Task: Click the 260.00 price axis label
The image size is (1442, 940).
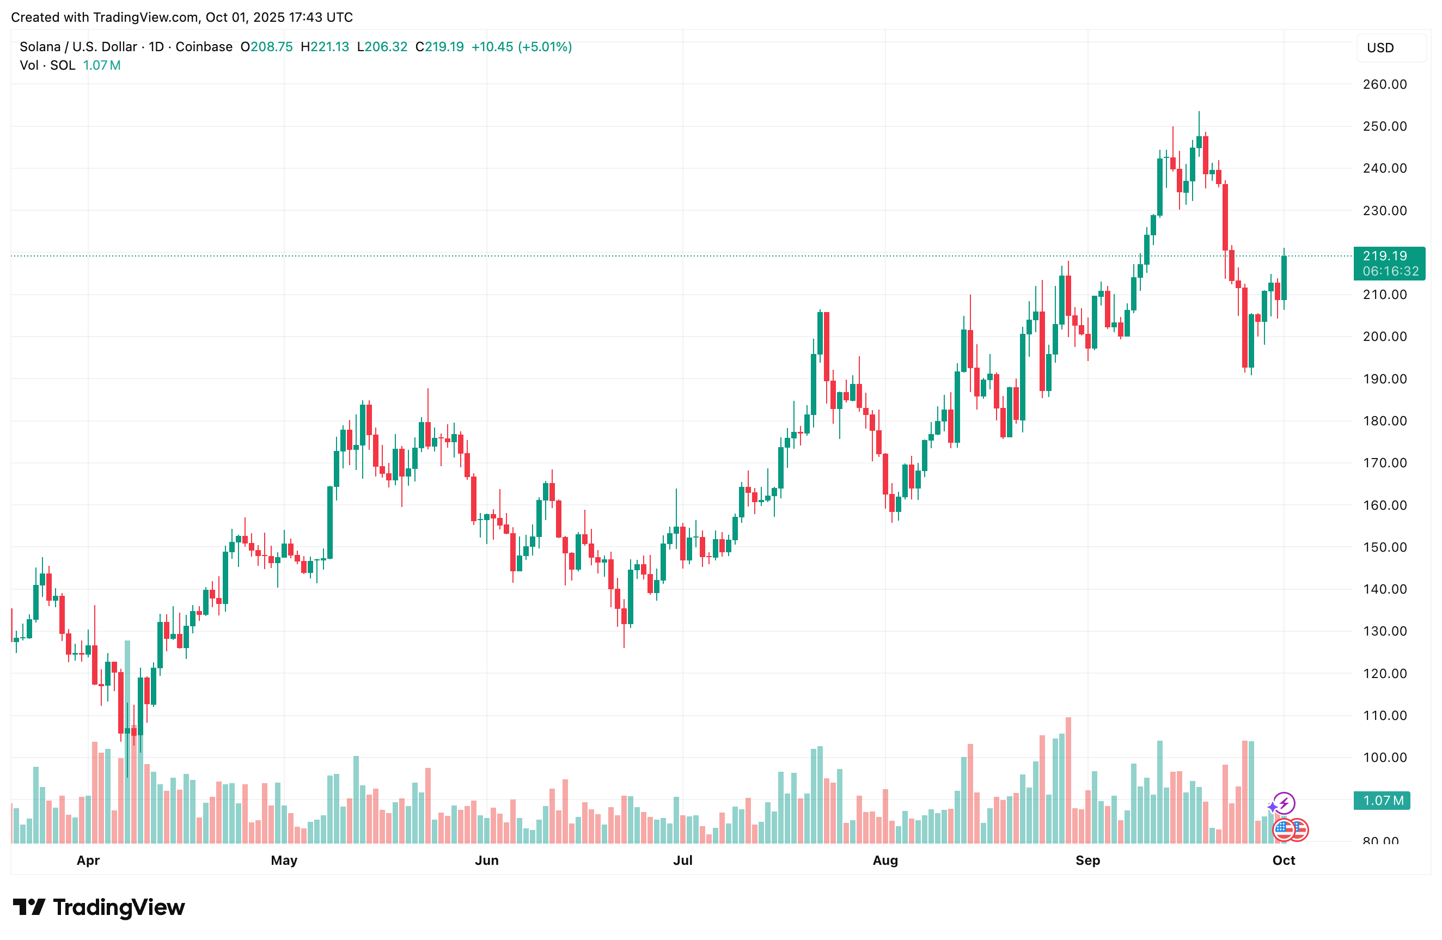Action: click(x=1384, y=84)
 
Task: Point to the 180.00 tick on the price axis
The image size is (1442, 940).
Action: click(x=1384, y=420)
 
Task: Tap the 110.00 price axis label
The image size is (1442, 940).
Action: click(x=1384, y=715)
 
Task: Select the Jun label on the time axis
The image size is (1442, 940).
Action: click(x=486, y=860)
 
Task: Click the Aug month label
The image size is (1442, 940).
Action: click(x=885, y=860)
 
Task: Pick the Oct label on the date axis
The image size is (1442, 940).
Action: click(x=1283, y=860)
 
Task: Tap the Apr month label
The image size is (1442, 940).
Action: click(x=88, y=860)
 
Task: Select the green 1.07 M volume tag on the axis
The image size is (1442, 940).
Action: click(x=1383, y=801)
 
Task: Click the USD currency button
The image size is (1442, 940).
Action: click(x=1380, y=48)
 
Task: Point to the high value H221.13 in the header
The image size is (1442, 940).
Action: click(x=325, y=47)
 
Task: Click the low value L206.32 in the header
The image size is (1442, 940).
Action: click(x=382, y=47)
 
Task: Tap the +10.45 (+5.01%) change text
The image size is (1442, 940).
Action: click(x=522, y=47)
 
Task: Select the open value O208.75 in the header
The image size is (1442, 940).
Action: click(x=267, y=47)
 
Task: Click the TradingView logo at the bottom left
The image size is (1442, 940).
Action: click(x=99, y=907)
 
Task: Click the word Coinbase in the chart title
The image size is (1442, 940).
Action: click(x=204, y=47)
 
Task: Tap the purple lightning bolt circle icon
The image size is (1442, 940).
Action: click(x=1284, y=803)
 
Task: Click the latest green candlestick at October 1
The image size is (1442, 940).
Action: click(x=1284, y=278)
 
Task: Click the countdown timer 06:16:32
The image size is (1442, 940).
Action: click(x=1390, y=271)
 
